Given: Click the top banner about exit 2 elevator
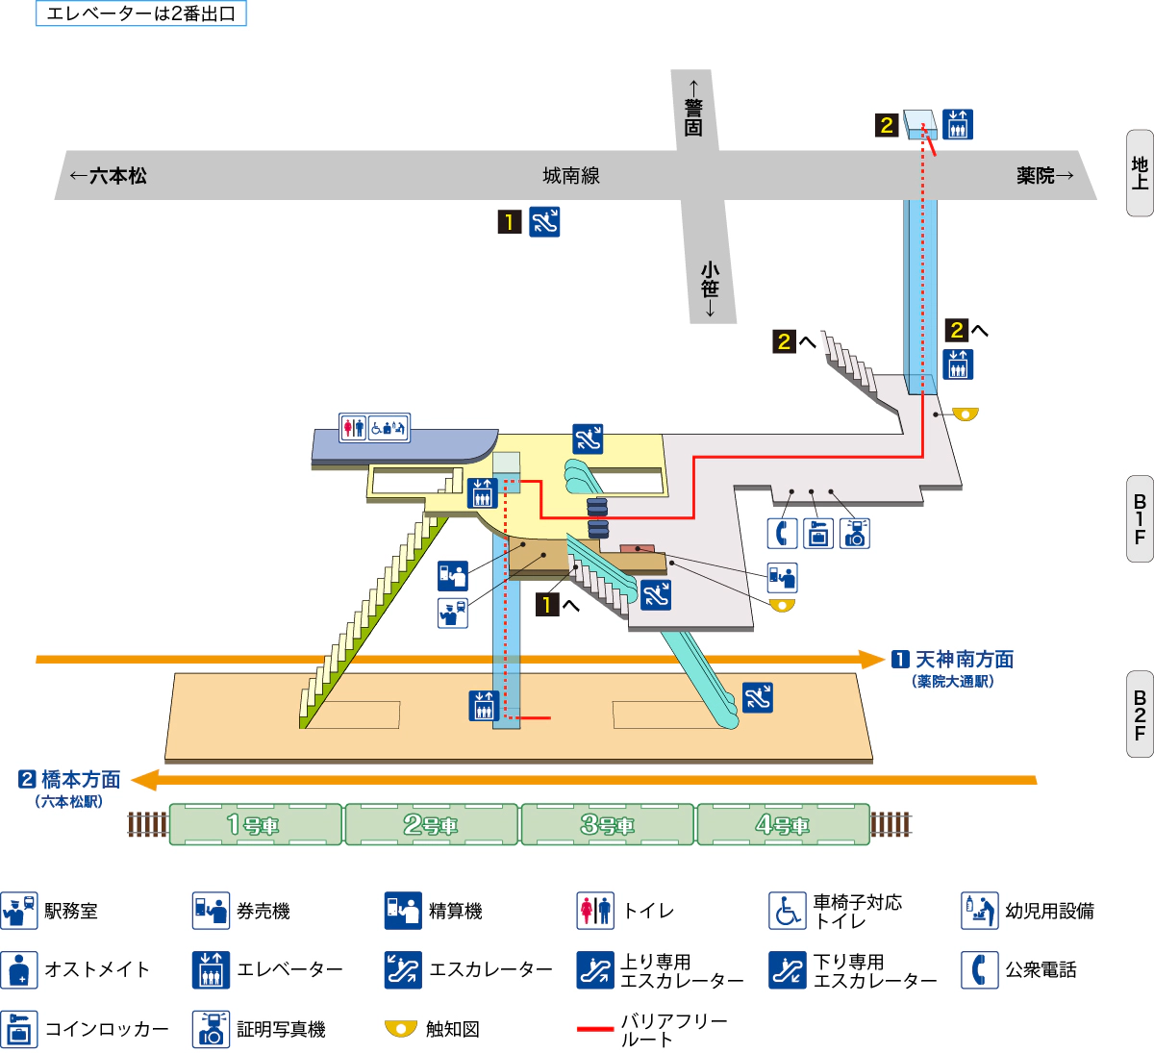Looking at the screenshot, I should [x=141, y=13].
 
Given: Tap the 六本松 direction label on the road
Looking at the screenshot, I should [x=109, y=176].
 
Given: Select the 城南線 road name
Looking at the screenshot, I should [x=571, y=175].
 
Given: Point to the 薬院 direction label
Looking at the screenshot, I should [x=1044, y=175].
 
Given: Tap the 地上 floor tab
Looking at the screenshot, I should [x=1140, y=173].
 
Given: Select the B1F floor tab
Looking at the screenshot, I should [x=1140, y=519].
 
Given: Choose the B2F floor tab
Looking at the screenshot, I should [x=1140, y=715].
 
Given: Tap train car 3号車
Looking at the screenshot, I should [x=608, y=825].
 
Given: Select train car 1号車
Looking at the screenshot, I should [x=255, y=825].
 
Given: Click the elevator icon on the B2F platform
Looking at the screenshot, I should [x=484, y=705].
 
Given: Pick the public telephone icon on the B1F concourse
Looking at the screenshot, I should [x=782, y=533].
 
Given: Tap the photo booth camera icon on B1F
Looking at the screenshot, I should [x=855, y=533].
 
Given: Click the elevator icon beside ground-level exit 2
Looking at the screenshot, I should [x=957, y=124].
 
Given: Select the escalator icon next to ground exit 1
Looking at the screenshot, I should [x=544, y=222].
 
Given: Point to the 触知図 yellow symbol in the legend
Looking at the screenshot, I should [x=401, y=1029].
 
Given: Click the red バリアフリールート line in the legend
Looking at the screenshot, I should [x=595, y=1029].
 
